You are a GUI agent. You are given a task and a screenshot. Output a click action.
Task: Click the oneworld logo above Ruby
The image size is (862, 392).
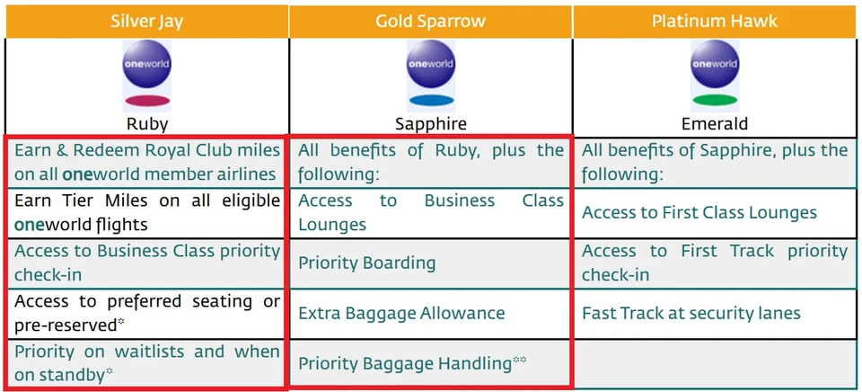146,66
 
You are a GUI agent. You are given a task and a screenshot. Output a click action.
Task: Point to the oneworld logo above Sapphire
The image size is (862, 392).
431,66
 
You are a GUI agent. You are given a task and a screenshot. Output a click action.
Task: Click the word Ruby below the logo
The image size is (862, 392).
146,124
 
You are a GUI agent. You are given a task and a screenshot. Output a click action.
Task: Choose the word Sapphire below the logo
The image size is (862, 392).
431,124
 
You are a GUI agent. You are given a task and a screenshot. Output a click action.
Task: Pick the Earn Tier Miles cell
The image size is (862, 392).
146,212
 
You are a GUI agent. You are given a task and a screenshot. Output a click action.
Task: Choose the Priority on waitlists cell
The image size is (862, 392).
146,363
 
